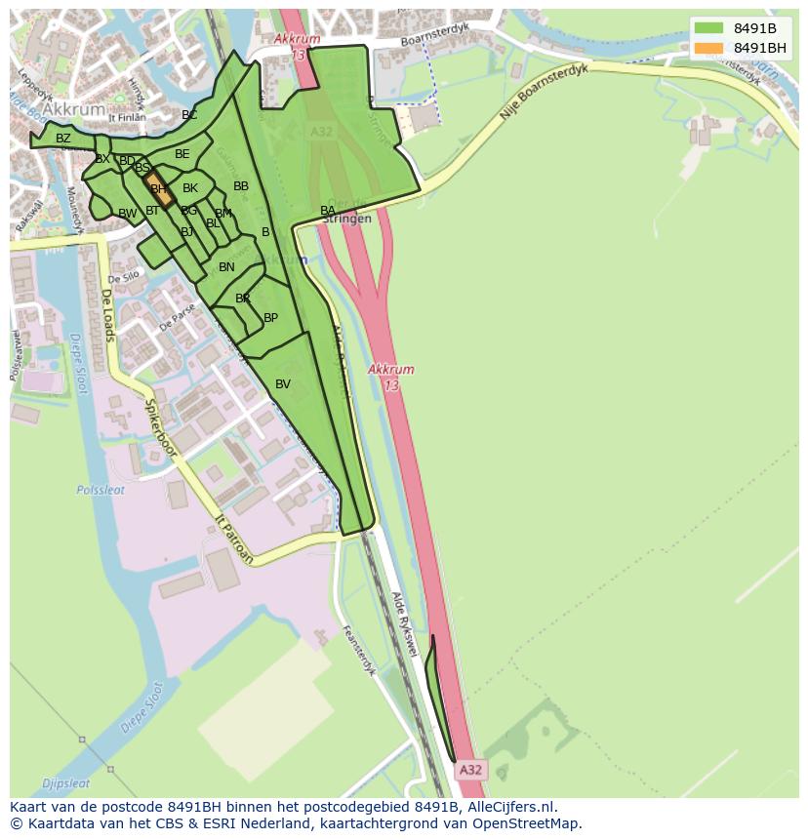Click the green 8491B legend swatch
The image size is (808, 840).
(x=708, y=27)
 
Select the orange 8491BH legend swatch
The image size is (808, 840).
(x=708, y=48)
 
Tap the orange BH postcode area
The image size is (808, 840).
(x=158, y=189)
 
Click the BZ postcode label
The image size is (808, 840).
(x=63, y=139)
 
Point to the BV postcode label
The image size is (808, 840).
(x=283, y=384)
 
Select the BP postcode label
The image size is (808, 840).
(x=270, y=318)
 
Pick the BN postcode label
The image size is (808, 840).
(x=226, y=267)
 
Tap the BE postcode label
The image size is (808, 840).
(x=182, y=154)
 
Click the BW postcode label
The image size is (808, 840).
(x=128, y=214)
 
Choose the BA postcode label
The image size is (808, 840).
(x=328, y=211)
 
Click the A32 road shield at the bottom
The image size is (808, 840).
(x=470, y=770)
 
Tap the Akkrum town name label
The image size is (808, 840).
(x=75, y=109)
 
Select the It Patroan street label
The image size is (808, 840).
(x=234, y=540)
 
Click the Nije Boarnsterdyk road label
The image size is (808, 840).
(x=545, y=92)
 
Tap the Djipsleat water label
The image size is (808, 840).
(x=66, y=782)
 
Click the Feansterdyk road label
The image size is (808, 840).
(x=359, y=651)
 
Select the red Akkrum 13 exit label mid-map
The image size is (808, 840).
(x=391, y=377)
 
